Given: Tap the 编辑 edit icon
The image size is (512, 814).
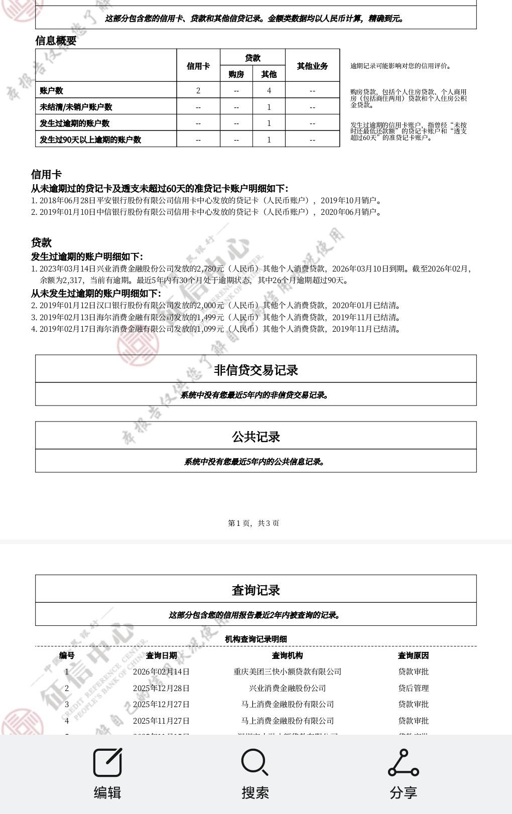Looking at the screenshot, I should [x=107, y=762].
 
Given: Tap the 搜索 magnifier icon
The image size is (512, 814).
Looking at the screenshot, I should [x=255, y=762].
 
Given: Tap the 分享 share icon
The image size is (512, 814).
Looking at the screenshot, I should [x=403, y=762].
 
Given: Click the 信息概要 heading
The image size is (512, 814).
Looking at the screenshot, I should [x=56, y=41].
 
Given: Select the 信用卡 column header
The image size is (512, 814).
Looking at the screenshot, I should [x=198, y=66].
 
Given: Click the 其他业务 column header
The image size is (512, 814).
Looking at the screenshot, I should [x=312, y=66].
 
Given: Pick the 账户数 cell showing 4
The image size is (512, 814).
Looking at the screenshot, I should [x=269, y=90].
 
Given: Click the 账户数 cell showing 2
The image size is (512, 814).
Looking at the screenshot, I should [x=198, y=90].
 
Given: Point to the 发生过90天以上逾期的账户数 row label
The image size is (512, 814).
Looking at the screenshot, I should [x=90, y=140].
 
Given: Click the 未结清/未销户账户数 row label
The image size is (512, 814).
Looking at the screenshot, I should [x=76, y=107].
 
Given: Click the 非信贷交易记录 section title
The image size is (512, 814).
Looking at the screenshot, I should [x=255, y=370].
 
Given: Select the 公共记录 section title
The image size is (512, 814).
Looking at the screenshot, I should [x=255, y=437].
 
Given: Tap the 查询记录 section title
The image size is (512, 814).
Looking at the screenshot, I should [x=255, y=590].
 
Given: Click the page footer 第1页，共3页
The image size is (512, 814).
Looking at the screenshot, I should [x=253, y=523].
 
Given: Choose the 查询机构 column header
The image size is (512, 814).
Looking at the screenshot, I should [x=287, y=655].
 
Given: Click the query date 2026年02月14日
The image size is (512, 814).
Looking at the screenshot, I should [x=161, y=671].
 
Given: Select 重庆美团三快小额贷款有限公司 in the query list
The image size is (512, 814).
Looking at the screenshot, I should [x=287, y=671].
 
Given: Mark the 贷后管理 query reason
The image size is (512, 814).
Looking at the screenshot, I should [x=413, y=688].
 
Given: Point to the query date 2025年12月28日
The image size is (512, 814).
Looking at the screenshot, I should [x=161, y=688].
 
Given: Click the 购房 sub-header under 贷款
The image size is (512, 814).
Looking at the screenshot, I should [x=236, y=74].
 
